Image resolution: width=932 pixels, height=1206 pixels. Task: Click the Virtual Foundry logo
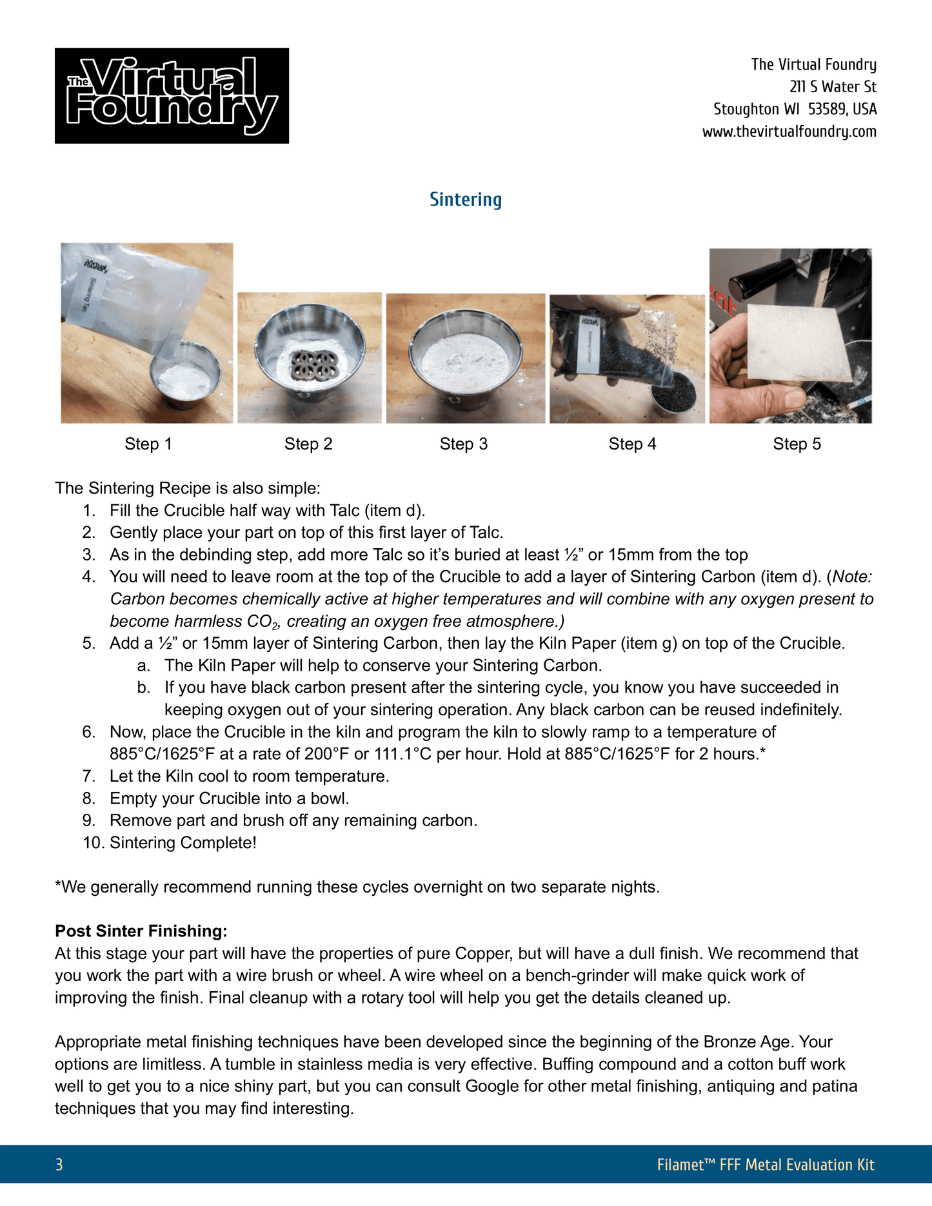tap(172, 95)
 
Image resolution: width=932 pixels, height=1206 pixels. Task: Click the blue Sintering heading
tap(466, 199)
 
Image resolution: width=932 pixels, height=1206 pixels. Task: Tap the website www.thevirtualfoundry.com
tap(789, 132)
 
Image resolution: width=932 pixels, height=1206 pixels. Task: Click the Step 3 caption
tap(463, 444)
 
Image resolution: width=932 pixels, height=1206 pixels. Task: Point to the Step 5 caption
tap(797, 444)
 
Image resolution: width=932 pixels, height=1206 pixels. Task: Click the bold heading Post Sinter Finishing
tap(141, 931)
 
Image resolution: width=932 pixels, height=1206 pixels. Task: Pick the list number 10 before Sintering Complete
tap(90, 842)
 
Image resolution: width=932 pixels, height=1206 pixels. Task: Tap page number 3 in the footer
tap(59, 1164)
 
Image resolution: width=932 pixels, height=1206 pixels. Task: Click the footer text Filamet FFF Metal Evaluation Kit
tap(765, 1164)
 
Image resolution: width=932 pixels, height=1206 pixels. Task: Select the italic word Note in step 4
tap(851, 577)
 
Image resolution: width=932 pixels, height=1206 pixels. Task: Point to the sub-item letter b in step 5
tap(143, 687)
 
